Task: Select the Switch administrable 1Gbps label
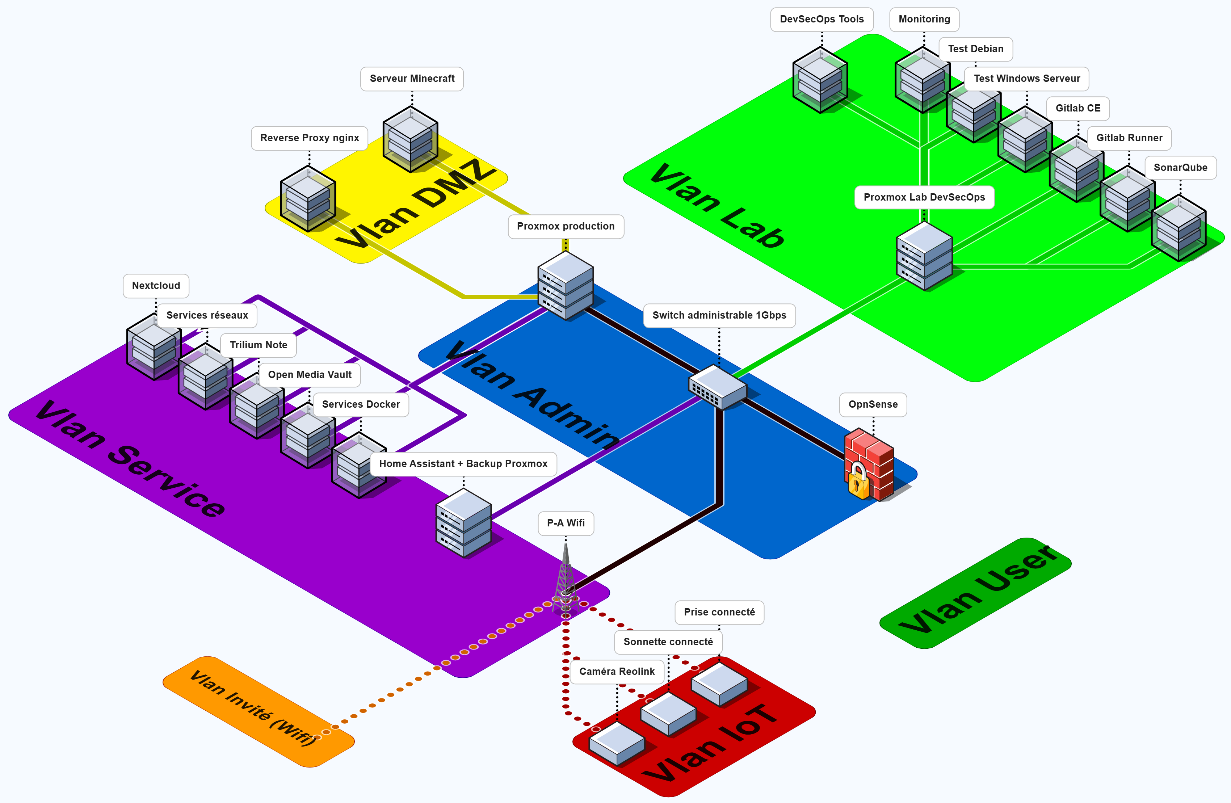[x=719, y=315]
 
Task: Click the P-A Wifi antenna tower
[x=566, y=579]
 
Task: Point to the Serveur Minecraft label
[x=412, y=79]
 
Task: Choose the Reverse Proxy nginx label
[x=309, y=138]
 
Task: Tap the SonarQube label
[x=1180, y=168]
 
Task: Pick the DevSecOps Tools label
[x=822, y=19]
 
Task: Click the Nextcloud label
[x=156, y=285]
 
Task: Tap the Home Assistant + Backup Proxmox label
[x=463, y=464]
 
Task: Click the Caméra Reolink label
[x=617, y=671]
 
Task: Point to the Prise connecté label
[x=719, y=612]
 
